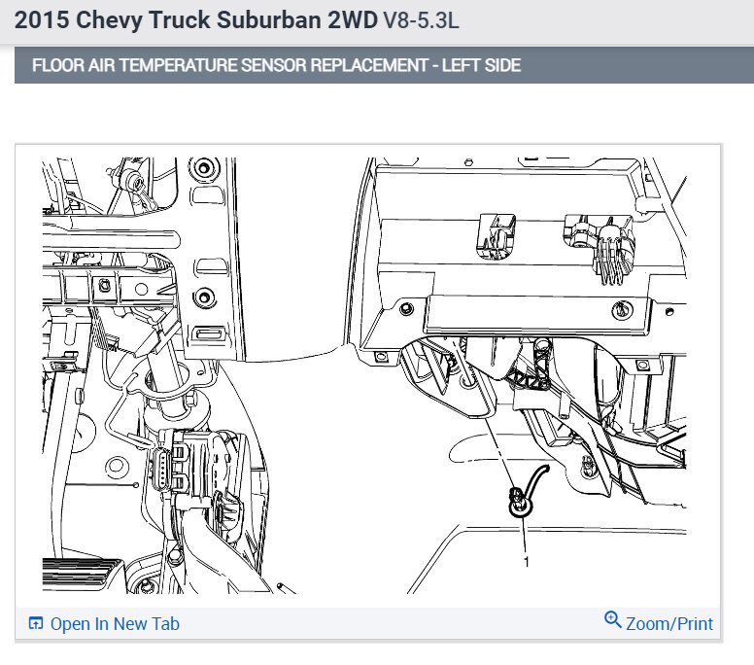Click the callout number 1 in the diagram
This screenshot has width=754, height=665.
(x=526, y=562)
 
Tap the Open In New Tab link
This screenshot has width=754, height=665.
(x=115, y=623)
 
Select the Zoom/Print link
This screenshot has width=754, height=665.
(x=668, y=623)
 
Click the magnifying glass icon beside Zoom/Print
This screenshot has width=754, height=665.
(x=612, y=619)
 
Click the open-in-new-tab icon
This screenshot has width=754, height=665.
(x=36, y=623)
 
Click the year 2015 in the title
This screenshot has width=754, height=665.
(x=42, y=20)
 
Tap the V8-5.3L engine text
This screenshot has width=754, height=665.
(x=421, y=20)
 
